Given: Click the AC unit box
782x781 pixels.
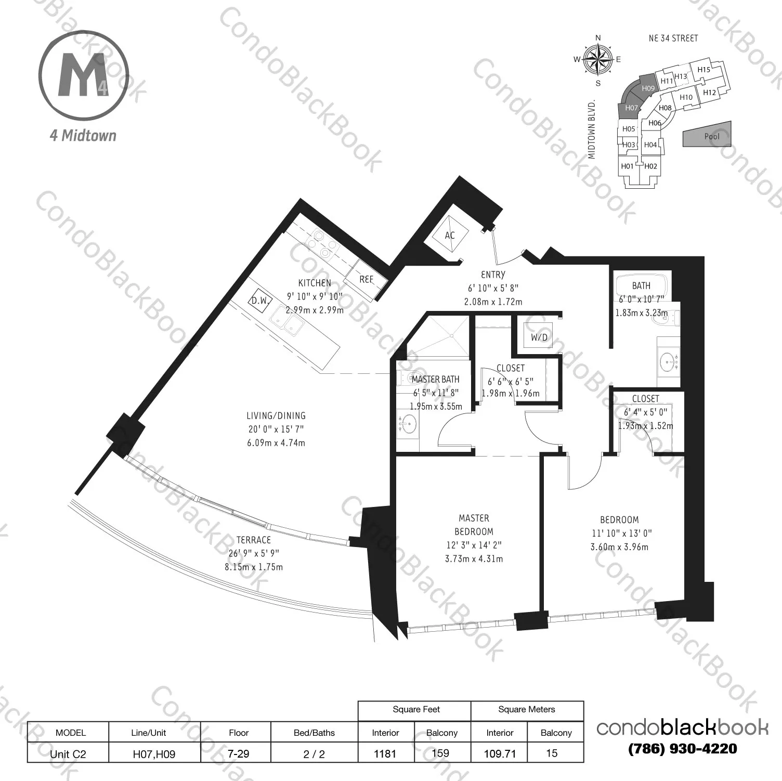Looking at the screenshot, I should tap(450, 236).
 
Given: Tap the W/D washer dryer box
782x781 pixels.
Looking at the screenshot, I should tap(539, 337).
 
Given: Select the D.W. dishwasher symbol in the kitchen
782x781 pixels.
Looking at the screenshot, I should tap(259, 301).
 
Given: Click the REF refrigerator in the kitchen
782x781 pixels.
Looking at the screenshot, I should tap(367, 279).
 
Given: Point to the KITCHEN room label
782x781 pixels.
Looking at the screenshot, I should tap(314, 283).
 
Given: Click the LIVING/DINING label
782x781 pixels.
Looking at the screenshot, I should tap(276, 415).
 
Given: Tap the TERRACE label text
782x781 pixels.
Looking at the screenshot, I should tap(254, 540).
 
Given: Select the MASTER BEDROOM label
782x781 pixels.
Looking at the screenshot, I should tap(474, 525).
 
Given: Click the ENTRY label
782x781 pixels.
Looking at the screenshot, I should tap(493, 275).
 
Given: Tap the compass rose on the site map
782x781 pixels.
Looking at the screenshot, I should tap(598, 59).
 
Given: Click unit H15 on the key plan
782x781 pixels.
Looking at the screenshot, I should tap(703, 70).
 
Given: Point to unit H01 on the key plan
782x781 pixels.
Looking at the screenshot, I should tap(627, 166).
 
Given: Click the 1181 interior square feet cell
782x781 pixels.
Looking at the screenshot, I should tap(385, 753).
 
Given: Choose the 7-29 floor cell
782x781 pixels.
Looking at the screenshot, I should tap(239, 753).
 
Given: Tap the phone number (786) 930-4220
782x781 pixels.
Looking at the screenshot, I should tap(683, 749).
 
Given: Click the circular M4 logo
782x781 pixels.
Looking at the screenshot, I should tap(83, 75).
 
